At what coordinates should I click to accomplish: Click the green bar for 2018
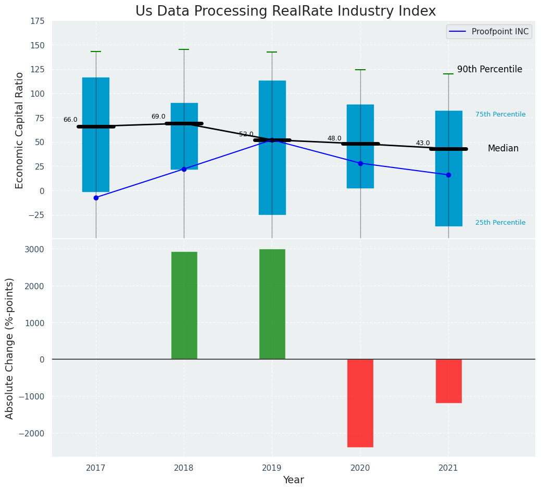(x=184, y=305)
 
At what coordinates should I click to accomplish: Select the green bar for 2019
(x=272, y=304)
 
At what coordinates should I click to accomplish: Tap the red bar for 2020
(x=360, y=403)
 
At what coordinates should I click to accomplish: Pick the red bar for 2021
(x=448, y=381)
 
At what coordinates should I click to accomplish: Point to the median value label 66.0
(x=70, y=120)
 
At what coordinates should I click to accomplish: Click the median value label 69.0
(x=158, y=117)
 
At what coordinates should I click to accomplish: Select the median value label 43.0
(x=423, y=144)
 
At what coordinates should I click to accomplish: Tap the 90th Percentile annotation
(x=489, y=70)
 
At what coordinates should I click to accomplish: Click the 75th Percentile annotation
(x=500, y=115)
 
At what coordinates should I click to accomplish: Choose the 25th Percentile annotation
(x=500, y=223)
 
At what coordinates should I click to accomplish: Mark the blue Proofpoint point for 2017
(x=96, y=198)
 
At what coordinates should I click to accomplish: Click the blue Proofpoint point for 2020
(x=360, y=163)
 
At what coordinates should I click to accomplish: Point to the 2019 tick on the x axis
(x=272, y=468)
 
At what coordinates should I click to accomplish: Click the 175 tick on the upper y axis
(x=36, y=21)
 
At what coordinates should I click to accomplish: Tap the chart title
(x=285, y=11)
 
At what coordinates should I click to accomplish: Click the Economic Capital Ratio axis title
(x=20, y=130)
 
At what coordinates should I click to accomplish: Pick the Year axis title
(x=294, y=480)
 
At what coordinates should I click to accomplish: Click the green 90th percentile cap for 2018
(x=184, y=49)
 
